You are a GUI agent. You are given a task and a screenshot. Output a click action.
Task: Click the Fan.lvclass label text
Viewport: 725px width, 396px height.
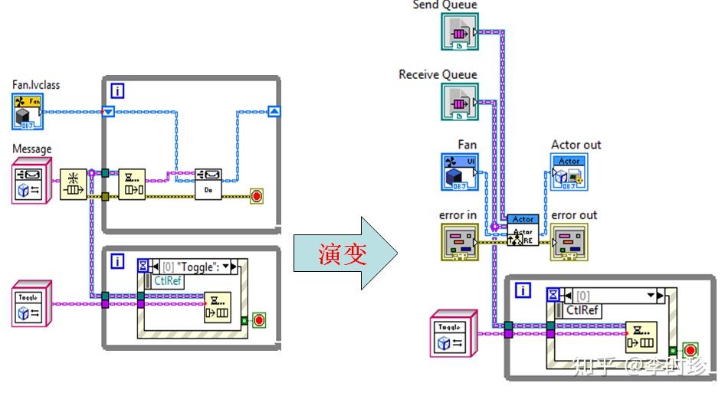36,84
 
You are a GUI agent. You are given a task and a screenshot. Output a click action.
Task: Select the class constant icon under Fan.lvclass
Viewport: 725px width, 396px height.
27,110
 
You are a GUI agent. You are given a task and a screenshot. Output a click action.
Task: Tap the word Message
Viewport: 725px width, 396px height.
32,149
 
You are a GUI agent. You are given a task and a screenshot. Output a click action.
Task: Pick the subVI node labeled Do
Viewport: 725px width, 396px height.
208,184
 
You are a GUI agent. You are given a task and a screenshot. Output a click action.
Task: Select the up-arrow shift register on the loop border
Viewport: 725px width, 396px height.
274,112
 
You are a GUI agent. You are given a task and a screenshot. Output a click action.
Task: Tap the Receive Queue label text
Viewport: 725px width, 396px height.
438,74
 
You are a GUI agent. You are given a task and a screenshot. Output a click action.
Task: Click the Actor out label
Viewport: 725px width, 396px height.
576,145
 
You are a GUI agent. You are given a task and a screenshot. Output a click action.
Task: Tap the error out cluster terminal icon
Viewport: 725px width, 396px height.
569,241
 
